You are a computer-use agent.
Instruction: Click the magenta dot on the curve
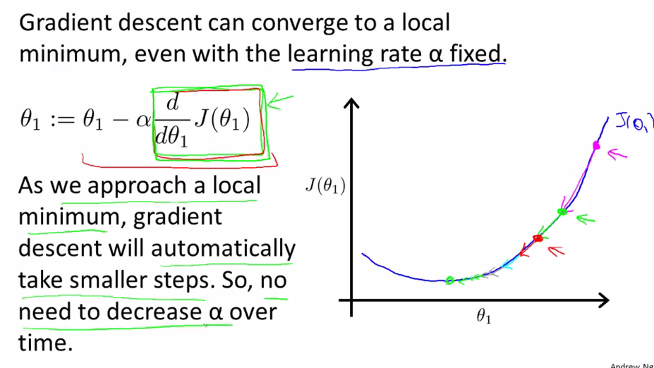tap(596, 145)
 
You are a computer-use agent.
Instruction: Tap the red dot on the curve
tap(538, 238)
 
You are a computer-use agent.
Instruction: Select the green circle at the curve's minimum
tap(449, 281)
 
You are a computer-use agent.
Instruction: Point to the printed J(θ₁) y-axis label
tap(326, 186)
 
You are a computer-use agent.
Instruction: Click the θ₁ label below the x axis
tap(484, 317)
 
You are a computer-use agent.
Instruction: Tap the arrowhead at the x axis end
tap(602, 300)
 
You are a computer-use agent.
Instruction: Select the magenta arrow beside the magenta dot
tap(617, 154)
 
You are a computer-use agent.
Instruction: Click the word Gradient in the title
tap(65, 22)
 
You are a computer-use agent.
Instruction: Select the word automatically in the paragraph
tap(223, 248)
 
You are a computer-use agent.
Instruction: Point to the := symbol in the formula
tap(61, 121)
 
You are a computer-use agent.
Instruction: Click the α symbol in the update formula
tap(143, 121)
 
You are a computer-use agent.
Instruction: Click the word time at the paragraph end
tap(43, 343)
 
